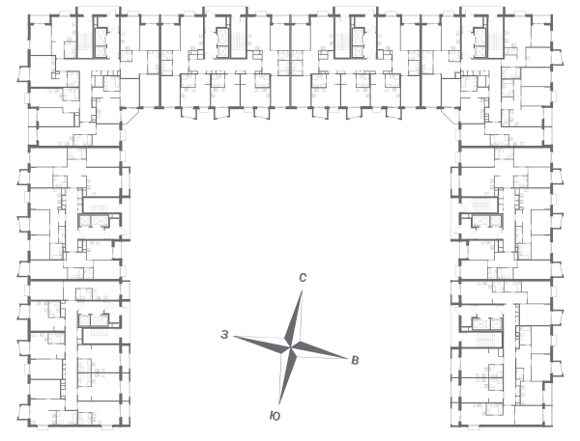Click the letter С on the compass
303,277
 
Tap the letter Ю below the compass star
275,416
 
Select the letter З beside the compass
224,335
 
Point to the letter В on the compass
355,360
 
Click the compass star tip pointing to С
302,291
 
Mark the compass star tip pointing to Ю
279,403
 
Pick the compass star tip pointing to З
235,337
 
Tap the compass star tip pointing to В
347,358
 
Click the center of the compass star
291,347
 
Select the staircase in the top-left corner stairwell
85,41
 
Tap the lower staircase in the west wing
100,332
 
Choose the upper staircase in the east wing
481,203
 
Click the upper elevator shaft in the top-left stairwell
101,37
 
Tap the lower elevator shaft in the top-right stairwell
479,52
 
